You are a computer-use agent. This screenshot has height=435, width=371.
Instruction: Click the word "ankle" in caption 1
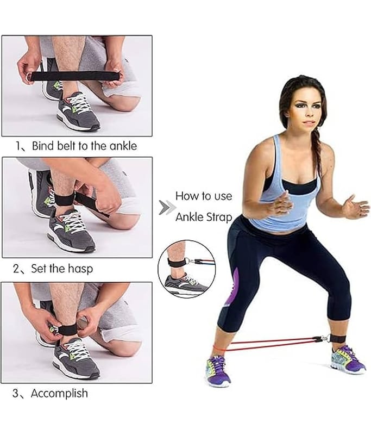click(123, 146)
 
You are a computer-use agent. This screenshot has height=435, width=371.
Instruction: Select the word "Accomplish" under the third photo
click(59, 393)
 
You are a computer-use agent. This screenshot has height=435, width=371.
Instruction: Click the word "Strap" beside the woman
click(218, 217)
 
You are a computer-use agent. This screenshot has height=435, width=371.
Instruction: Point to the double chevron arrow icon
click(167, 208)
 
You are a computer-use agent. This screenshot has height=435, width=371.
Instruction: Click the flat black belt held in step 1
click(76, 76)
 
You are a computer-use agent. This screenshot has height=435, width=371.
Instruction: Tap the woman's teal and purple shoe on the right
click(348, 359)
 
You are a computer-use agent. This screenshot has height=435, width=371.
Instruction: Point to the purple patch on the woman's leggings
click(233, 287)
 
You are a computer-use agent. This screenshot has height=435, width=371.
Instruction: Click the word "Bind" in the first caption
click(43, 146)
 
